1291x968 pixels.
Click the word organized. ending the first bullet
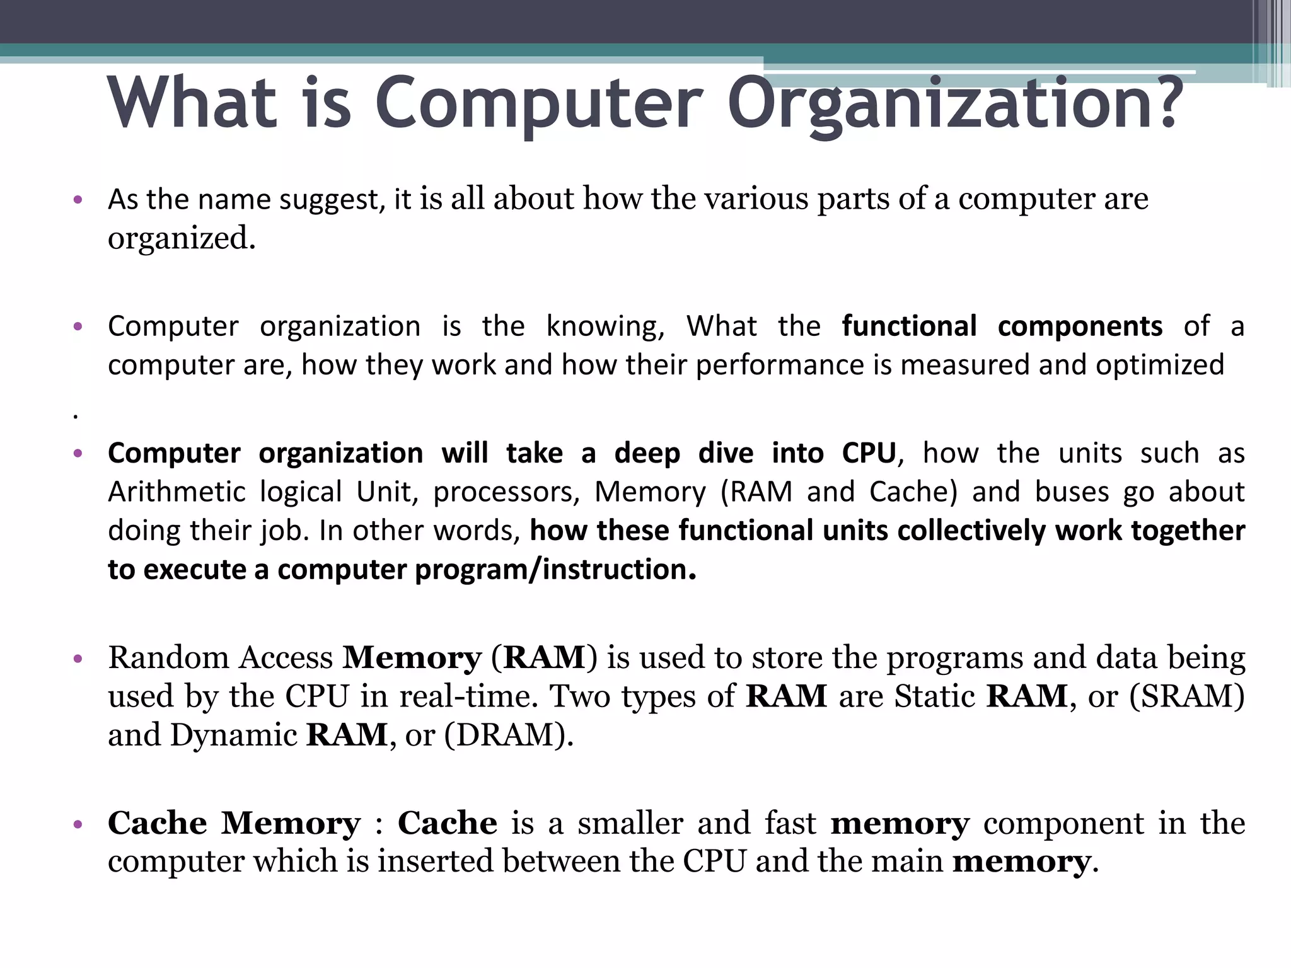182,238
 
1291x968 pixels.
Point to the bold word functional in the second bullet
909,326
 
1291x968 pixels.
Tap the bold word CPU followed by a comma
869,453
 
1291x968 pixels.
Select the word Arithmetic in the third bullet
177,492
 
